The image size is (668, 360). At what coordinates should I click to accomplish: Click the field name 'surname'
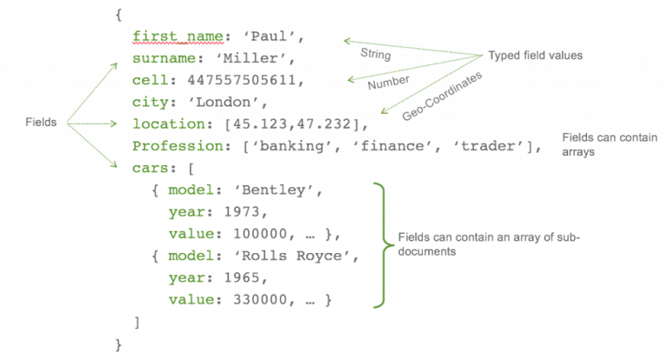click(x=164, y=58)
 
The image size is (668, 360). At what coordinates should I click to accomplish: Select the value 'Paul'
click(x=269, y=37)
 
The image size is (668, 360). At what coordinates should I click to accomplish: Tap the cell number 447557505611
click(x=242, y=80)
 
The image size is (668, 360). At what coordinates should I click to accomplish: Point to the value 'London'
click(x=224, y=103)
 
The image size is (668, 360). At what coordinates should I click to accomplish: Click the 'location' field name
click(x=170, y=124)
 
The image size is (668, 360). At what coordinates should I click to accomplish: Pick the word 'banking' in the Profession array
click(x=291, y=147)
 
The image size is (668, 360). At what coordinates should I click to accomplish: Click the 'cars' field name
click(x=150, y=169)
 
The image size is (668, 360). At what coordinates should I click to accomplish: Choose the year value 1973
click(x=242, y=212)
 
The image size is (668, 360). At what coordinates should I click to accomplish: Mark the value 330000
click(x=260, y=300)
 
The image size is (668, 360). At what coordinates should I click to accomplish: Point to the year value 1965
click(x=242, y=277)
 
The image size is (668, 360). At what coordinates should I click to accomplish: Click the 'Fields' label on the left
click(x=41, y=123)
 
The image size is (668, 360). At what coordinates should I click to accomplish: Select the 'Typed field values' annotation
click(x=536, y=56)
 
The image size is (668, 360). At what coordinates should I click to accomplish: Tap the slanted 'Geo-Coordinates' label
click(x=442, y=96)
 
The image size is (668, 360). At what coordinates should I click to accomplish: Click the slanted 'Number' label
click(x=389, y=83)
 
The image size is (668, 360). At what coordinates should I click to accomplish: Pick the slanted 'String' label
click(x=376, y=54)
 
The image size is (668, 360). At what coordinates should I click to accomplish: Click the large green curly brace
click(x=384, y=245)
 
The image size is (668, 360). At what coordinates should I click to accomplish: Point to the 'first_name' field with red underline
click(x=177, y=37)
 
